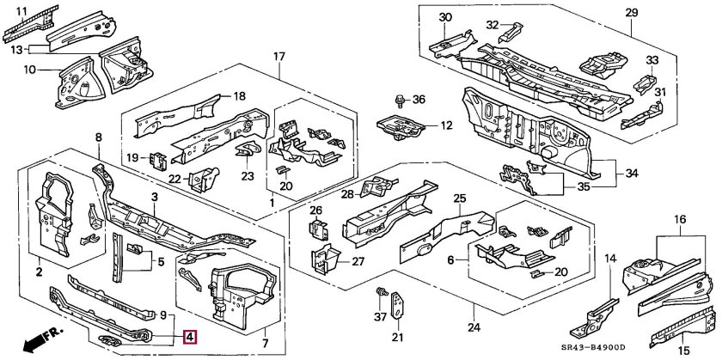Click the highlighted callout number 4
191,338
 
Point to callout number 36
419,100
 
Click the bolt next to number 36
401,101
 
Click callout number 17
278,58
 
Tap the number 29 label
632,12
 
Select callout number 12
445,125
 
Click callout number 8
98,137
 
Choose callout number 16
681,220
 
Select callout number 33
652,60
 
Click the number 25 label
459,198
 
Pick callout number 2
40,272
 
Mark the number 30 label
444,17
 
